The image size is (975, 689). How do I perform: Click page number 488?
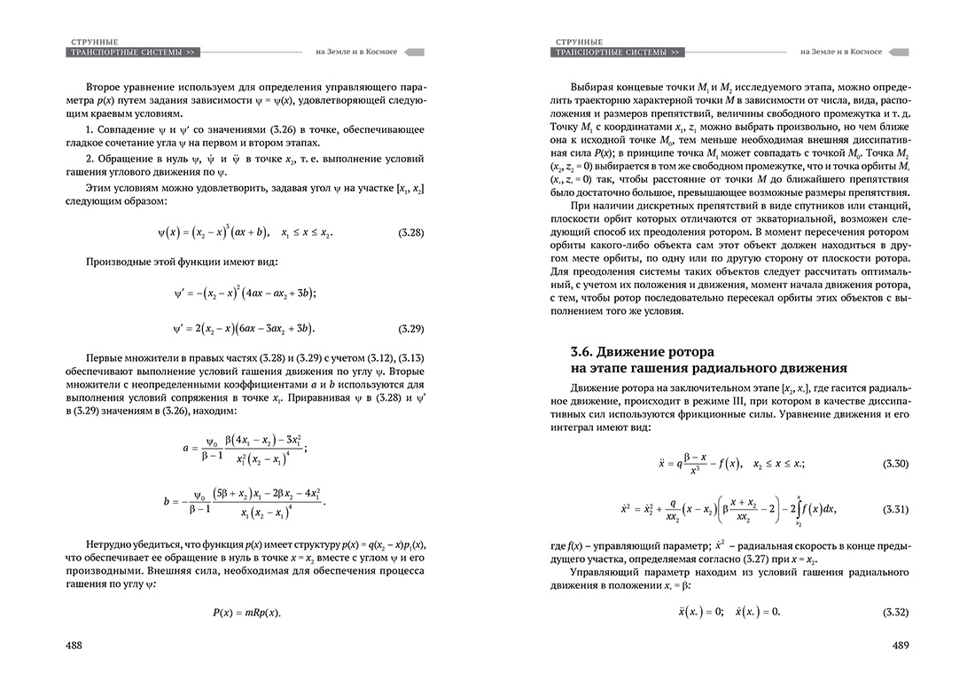click(74, 645)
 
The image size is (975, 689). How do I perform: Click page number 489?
click(903, 645)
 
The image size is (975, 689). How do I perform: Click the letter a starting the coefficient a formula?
click(186, 448)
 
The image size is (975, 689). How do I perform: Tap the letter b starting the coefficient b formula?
click(167, 501)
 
